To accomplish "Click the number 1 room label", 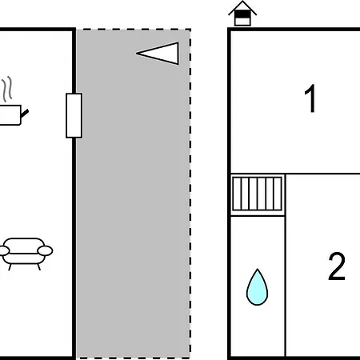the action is tap(310, 98).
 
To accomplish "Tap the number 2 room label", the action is tap(337, 266).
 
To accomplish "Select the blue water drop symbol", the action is tap(257, 287).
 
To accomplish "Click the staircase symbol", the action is tap(257, 194).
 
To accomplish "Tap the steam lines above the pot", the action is tap(7, 89).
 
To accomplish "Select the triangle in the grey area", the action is tap(158, 54).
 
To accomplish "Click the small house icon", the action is tap(242, 14).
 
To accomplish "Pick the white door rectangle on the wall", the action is tap(74, 115).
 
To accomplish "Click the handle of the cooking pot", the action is tap(25, 114).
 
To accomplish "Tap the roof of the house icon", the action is tap(242, 8).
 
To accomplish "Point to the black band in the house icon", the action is tap(242, 14).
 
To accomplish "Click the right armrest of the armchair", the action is tap(45, 251).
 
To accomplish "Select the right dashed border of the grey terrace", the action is tap(190, 194).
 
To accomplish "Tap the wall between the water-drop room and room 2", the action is tap(286, 266).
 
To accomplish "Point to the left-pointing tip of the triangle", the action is tap(136, 54).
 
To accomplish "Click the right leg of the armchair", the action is tap(38, 267).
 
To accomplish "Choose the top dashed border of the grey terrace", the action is tap(134, 30).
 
